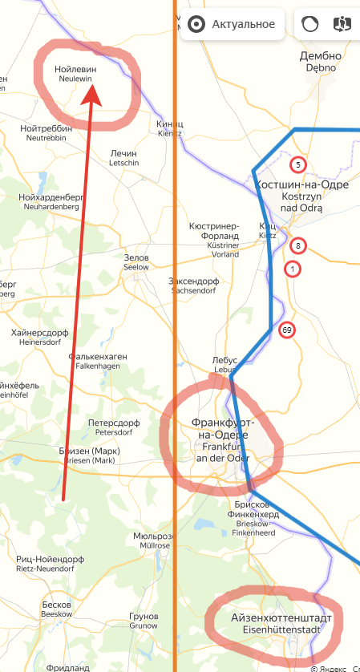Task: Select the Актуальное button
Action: (232, 24)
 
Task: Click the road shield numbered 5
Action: (298, 165)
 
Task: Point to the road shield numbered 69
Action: (287, 330)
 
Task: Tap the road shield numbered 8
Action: (298, 246)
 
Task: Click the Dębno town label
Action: (321, 62)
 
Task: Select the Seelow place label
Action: (136, 263)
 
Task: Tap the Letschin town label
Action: (124, 158)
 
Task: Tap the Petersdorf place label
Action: (114, 427)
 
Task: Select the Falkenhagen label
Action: (95, 361)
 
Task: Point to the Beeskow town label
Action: (57, 609)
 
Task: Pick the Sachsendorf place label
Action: (194, 286)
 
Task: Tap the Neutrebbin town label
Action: (47, 132)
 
